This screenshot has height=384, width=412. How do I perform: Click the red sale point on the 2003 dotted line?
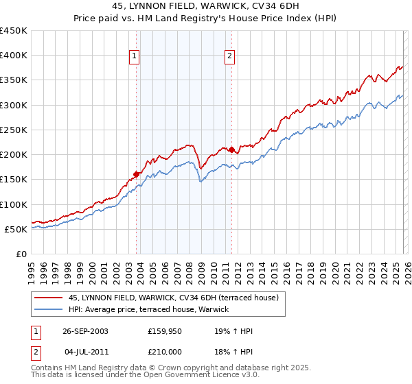pyautogui.click(x=137, y=174)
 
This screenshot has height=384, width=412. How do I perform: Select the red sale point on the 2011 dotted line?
pyautogui.click(x=231, y=149)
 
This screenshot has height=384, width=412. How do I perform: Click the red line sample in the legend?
pyautogui.click(x=49, y=298)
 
